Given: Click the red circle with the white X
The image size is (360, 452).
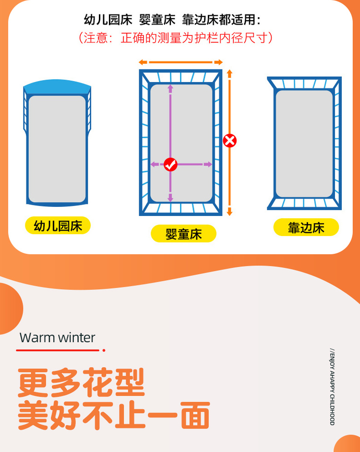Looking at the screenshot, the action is [229, 141].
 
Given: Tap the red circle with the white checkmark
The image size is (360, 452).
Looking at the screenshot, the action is [170, 165].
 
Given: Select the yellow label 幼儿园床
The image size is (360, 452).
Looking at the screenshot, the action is [58, 226].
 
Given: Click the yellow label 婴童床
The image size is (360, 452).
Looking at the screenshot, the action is [183, 234].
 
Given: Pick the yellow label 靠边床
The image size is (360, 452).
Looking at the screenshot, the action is [306, 227].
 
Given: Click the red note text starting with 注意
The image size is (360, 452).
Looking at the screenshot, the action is [175, 38].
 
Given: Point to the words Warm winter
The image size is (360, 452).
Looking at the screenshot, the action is [57, 337].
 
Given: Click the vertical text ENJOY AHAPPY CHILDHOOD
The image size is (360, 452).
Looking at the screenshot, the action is [332, 387].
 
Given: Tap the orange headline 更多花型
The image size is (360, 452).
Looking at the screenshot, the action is [81, 382].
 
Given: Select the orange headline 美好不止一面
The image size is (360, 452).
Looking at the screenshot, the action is [114, 415].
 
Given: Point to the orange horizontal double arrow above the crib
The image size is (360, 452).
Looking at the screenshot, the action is [180, 62].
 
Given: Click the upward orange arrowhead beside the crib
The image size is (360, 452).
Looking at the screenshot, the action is [229, 73].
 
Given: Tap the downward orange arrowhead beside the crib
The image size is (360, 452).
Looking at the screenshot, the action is [229, 212].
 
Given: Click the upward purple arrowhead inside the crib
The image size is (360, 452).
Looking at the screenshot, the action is [170, 88].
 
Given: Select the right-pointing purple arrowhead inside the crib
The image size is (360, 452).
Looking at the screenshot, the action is [208, 164].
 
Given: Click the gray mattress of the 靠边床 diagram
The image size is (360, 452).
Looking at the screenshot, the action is [304, 144].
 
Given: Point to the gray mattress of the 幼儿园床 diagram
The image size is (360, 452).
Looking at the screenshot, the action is [57, 149].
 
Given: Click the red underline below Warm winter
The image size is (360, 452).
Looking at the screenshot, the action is [60, 350].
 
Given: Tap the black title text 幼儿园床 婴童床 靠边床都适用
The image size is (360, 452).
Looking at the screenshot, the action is [172, 20].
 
